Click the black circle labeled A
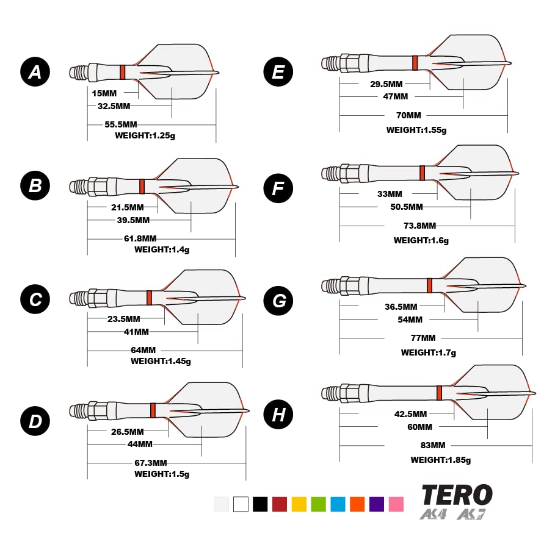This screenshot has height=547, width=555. pos(35,72)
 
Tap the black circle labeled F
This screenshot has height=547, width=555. pos(278,188)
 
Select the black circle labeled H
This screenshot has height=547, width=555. pos(278,415)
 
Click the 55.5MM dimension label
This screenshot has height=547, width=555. pos(121,124)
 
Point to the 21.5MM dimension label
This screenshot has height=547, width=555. pos(128,207)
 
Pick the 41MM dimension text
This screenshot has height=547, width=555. pos(136,332)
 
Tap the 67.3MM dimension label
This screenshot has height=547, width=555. pos(151,463)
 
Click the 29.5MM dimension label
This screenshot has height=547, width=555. pos(386,84)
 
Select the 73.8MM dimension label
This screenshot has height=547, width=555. pos(420,226)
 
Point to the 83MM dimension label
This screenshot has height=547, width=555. pos(433,445)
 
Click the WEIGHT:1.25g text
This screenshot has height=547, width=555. pos(145,135)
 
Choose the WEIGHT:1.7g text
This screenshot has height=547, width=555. pos(429,352)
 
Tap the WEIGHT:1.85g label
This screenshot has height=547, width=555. pos(441,460)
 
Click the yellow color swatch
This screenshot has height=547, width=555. pos(299,504)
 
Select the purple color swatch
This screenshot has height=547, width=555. pos(377,504)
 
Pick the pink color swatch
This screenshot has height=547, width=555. pos(396,504)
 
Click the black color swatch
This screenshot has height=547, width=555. pos(260,504)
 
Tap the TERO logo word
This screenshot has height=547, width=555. pos(457,495)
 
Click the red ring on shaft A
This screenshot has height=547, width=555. pos(123,72)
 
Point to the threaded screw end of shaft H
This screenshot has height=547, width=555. pos(330,393)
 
